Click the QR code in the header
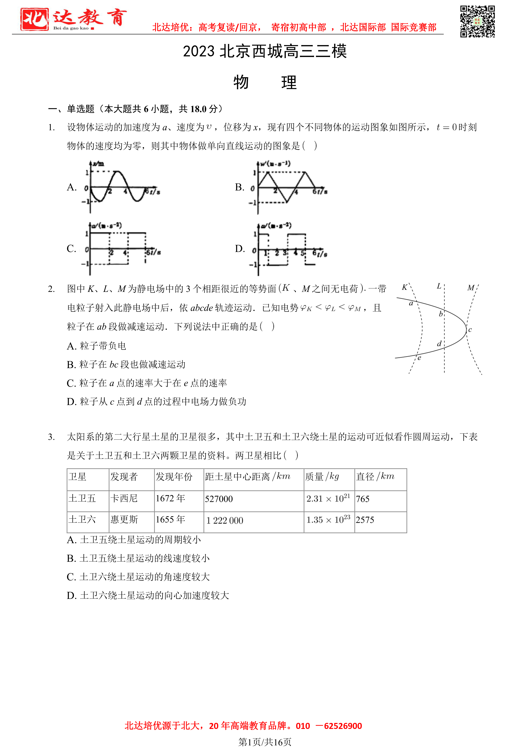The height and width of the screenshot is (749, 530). point(477,22)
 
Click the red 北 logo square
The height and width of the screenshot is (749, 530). point(34,19)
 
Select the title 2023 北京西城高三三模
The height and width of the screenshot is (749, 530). point(265,51)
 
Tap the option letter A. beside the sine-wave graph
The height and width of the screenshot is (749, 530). point(72,187)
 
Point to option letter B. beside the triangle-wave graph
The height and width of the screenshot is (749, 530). point(239,187)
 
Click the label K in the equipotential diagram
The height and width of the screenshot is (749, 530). point(405,287)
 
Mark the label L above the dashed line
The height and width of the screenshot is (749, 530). point(439,286)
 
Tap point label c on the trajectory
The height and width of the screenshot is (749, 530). point(470,330)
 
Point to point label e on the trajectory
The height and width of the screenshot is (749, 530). point(419,358)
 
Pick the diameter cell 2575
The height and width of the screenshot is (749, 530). point(365,520)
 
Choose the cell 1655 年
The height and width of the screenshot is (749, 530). point(170,519)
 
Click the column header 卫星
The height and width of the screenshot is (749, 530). point(77,477)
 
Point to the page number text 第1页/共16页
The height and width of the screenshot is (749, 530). point(265,742)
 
